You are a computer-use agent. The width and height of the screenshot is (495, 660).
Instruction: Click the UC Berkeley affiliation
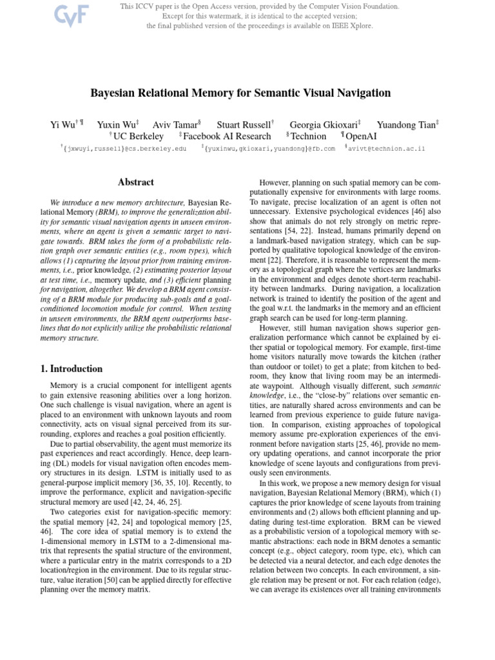[x=138, y=136]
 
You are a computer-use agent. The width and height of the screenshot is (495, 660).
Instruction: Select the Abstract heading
[x=135, y=182]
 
